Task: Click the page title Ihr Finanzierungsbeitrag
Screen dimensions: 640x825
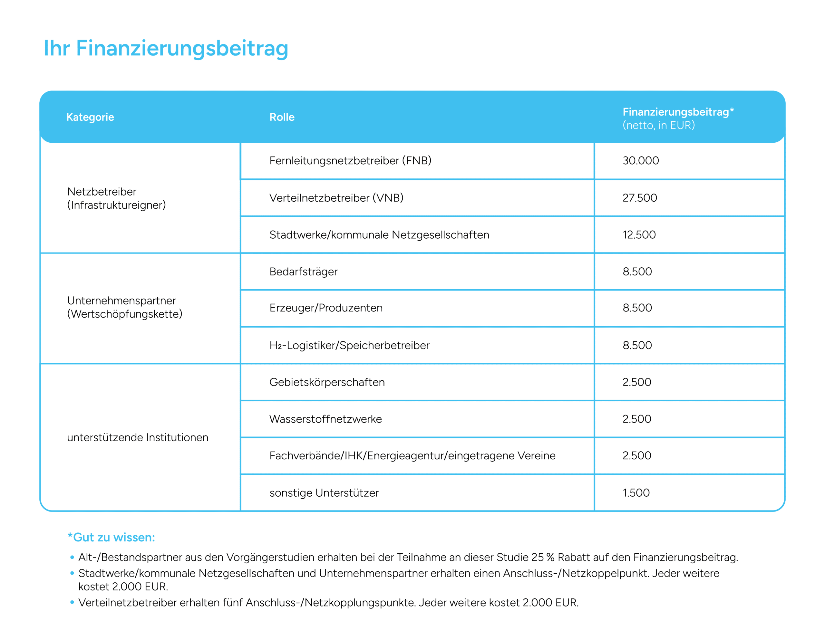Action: pyautogui.click(x=166, y=48)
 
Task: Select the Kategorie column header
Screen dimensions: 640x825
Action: pyautogui.click(x=90, y=117)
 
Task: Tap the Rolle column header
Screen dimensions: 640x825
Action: pyautogui.click(x=282, y=117)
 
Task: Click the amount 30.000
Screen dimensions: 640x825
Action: pyautogui.click(x=641, y=160)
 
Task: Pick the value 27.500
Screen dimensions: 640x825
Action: pyautogui.click(x=639, y=198)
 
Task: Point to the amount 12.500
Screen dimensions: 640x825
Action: pyautogui.click(x=639, y=234)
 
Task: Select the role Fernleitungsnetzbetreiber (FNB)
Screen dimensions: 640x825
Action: pyautogui.click(x=350, y=160)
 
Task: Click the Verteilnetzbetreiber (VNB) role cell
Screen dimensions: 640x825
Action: pyautogui.click(x=336, y=198)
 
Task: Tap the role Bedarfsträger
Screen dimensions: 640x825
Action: pyautogui.click(x=303, y=272)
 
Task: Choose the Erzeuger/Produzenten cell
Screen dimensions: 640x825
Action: pyautogui.click(x=325, y=308)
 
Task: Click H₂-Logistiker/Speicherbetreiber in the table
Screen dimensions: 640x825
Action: pyautogui.click(x=349, y=345)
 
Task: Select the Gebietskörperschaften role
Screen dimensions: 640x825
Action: pyautogui.click(x=327, y=382)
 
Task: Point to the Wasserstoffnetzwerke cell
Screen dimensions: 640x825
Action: pyautogui.click(x=325, y=419)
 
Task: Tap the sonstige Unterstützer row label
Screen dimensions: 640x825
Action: pyautogui.click(x=324, y=493)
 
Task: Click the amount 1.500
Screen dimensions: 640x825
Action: pyautogui.click(x=636, y=493)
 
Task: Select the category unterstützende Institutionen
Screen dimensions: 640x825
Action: pyautogui.click(x=138, y=437)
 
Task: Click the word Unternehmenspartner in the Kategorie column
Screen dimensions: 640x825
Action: pyautogui.click(x=121, y=301)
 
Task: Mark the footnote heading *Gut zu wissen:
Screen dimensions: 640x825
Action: pyautogui.click(x=111, y=537)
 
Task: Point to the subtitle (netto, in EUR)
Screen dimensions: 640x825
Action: pyautogui.click(x=658, y=125)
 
